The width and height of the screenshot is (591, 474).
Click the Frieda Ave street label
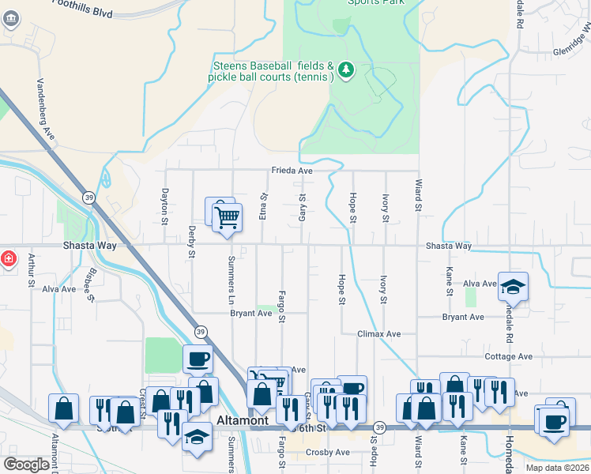click(292, 170)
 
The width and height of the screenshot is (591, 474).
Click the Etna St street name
click(263, 206)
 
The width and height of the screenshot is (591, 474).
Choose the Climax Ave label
click(380, 334)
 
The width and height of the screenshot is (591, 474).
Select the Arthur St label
click(32, 268)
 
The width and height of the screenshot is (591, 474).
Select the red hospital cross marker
click(7, 258)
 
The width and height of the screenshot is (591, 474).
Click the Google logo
click(26, 464)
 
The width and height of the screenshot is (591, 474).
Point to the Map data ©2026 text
click(556, 468)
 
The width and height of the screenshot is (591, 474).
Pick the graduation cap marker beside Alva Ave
click(513, 287)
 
